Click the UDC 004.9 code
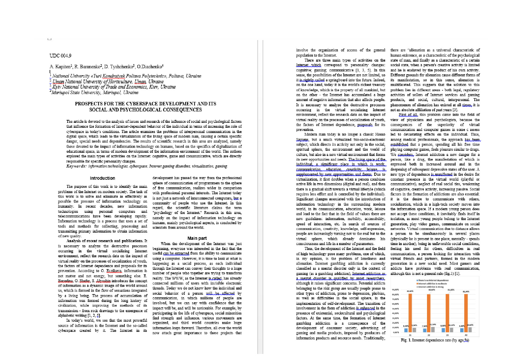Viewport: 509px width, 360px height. point(60,56)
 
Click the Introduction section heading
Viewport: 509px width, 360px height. point(102,178)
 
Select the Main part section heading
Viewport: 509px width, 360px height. point(197,238)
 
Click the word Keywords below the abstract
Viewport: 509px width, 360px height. point(76,166)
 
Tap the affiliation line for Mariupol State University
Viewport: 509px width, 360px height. point(95,93)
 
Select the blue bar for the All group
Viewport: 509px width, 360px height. point(461,330)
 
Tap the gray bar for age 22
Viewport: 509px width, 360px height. point(433,329)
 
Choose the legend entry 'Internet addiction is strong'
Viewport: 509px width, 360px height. point(431,287)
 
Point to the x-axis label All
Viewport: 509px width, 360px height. point(466,335)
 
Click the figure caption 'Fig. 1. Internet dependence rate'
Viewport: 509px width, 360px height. point(435,340)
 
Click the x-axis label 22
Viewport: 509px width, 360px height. point(429,335)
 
